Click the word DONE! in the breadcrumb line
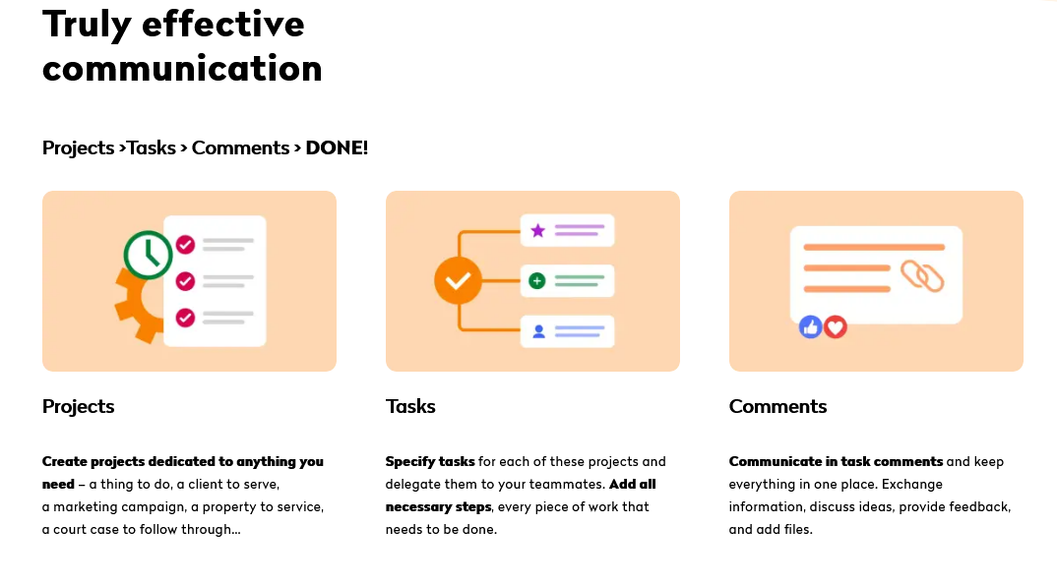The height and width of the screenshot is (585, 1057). [x=337, y=147]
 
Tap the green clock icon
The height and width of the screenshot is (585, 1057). [x=149, y=255]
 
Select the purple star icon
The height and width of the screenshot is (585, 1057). [x=538, y=231]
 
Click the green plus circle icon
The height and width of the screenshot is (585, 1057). [x=537, y=281]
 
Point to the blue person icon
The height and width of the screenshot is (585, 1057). [x=538, y=331]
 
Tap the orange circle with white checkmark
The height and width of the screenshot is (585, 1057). [x=459, y=281]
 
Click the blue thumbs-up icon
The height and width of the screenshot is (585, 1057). [x=810, y=327]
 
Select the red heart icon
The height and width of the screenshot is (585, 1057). [x=836, y=327]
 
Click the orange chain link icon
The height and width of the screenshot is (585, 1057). [x=922, y=276]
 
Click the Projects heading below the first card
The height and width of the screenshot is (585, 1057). [x=78, y=406]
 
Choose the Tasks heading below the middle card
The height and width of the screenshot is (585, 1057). [x=410, y=406]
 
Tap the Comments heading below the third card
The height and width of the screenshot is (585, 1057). [x=777, y=406]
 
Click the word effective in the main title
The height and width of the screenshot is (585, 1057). [x=223, y=25]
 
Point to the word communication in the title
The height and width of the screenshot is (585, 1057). [x=183, y=69]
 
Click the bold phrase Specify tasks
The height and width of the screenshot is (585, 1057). [x=430, y=461]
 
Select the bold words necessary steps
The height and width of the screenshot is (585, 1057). [x=438, y=507]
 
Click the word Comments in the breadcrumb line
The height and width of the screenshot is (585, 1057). [x=241, y=147]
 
